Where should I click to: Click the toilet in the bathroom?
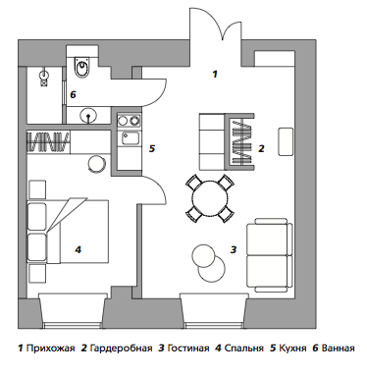point(81,68)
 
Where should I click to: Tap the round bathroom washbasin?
point(88,116)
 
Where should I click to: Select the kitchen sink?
point(130,137)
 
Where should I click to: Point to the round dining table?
point(210,198)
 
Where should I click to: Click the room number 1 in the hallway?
point(215,75)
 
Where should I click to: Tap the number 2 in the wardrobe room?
point(261,148)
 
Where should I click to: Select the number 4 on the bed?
point(78,249)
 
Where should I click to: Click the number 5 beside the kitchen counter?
point(152,148)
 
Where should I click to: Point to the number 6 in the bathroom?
point(73,95)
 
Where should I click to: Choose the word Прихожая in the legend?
point(50,348)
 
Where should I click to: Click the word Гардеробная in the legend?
point(121,348)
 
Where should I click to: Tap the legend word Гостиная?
point(188,348)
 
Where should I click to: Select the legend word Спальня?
point(243,348)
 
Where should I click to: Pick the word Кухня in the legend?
point(292,348)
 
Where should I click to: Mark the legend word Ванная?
point(339,348)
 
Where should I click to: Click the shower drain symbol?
point(44,82)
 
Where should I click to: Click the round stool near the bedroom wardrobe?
point(97,163)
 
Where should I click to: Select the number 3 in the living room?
point(234,249)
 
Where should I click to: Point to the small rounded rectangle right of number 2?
point(286,141)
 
